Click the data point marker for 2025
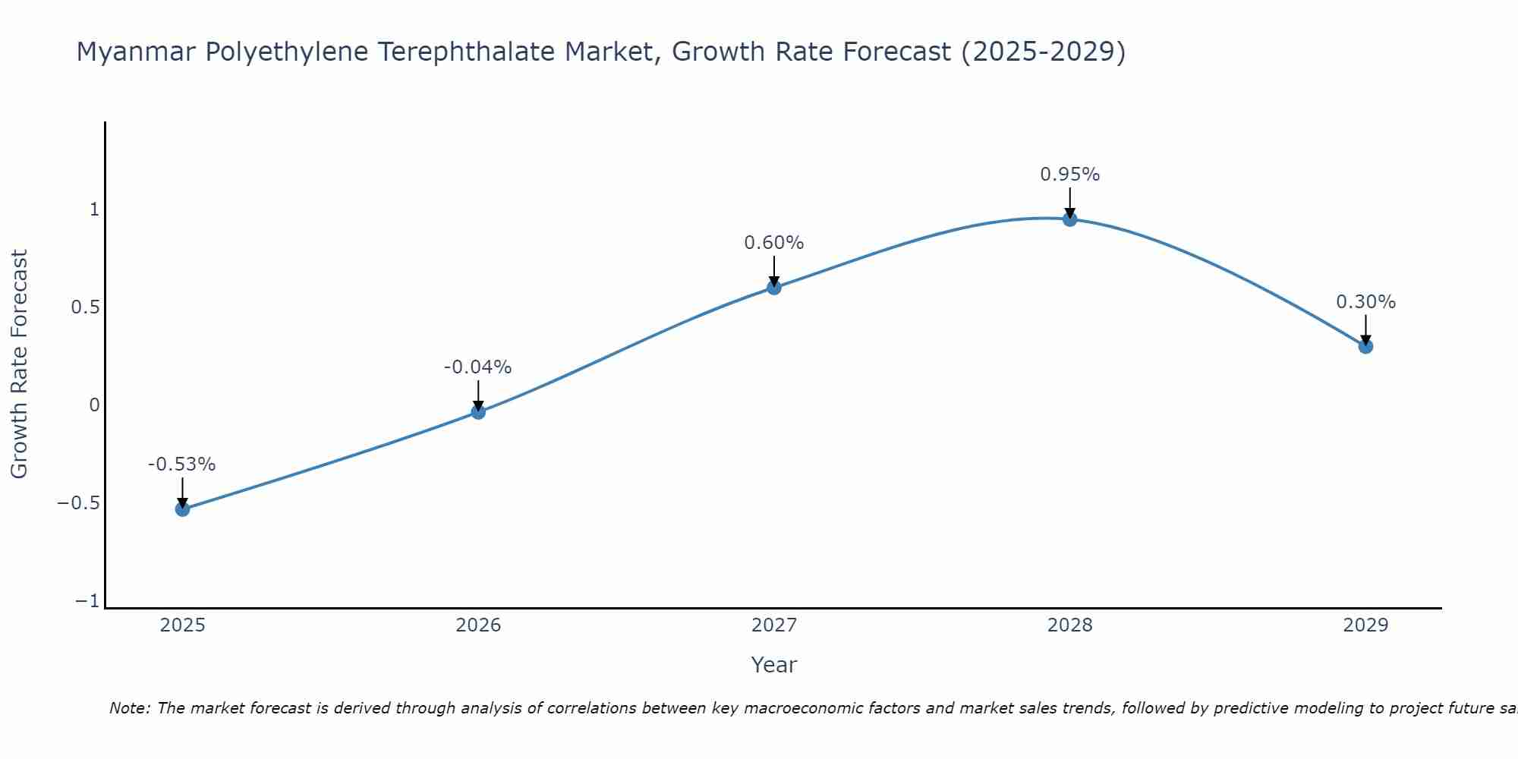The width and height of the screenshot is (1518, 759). tap(182, 509)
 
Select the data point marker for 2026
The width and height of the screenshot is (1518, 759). tap(478, 412)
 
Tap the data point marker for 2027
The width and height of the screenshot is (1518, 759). tap(774, 288)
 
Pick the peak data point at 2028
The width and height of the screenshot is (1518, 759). tap(1069, 219)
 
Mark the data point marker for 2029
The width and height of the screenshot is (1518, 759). tap(1365, 346)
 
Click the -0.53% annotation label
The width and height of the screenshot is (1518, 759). tap(181, 465)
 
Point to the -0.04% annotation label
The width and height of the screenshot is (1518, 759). tap(477, 367)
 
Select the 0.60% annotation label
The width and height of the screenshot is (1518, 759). tap(773, 243)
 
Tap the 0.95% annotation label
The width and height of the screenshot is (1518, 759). tap(1069, 175)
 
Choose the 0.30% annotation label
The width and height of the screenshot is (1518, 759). tap(1365, 302)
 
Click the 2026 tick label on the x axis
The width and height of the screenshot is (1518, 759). tap(478, 625)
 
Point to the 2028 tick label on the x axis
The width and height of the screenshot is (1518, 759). tap(1069, 625)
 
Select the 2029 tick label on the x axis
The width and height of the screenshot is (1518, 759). tap(1365, 625)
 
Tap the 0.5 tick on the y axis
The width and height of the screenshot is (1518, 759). tap(85, 307)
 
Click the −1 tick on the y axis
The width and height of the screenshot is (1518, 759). tap(87, 601)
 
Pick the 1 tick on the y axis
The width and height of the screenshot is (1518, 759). tap(94, 209)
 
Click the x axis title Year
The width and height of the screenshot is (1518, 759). tap(773, 665)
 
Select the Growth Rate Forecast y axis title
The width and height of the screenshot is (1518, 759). tap(19, 364)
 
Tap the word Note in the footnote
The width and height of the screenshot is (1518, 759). tap(129, 708)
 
